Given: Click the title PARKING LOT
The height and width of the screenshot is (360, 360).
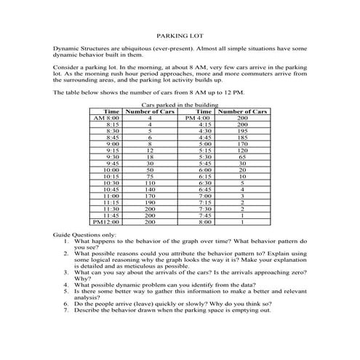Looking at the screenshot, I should (180, 35).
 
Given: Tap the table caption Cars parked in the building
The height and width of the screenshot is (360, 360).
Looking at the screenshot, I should (179, 105).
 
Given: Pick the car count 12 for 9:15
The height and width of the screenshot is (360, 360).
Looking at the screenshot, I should (149, 150).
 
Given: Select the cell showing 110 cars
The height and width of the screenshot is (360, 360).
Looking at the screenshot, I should (149, 183).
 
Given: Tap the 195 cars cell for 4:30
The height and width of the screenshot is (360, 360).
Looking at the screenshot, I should (242, 130).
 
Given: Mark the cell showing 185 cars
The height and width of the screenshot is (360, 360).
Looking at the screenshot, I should (242, 137).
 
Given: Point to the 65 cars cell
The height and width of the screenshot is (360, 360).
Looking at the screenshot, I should (242, 156).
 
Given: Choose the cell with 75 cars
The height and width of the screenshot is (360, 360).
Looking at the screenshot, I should (149, 176).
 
